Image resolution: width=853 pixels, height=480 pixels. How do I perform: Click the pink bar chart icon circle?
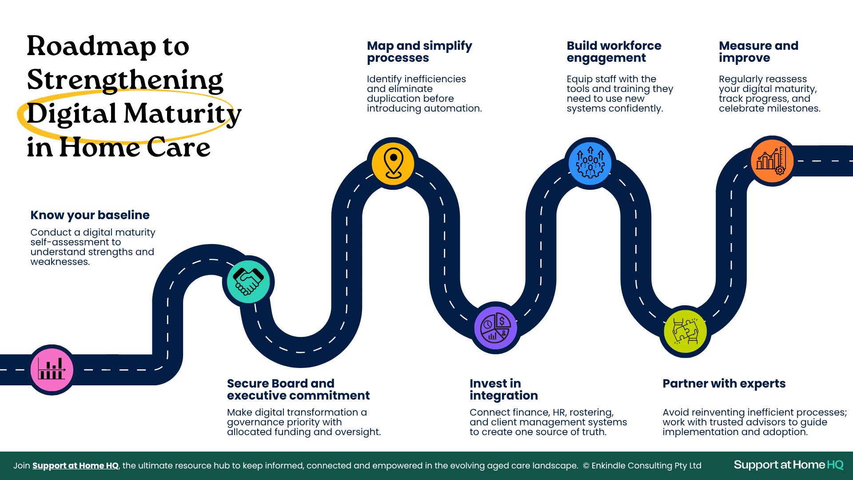pos(52,369)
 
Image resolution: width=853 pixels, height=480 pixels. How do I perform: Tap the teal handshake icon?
pos(248,281)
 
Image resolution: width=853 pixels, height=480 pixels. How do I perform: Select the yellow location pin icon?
pos(393,163)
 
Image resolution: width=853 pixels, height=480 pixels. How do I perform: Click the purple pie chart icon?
pos(495,328)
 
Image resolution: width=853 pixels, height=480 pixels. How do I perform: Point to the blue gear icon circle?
pos(590,163)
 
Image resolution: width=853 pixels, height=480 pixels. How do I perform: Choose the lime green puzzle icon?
pos(685,331)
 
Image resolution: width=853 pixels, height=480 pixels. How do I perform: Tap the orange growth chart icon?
pos(772,161)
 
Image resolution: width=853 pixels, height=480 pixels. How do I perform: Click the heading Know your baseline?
pos(90,215)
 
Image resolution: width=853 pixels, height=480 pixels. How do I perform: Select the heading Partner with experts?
pos(724,384)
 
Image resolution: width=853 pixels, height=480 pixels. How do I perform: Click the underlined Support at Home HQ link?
pos(76,465)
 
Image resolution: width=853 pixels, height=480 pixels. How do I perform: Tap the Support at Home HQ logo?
pos(788,465)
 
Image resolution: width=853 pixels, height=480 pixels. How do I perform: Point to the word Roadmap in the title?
pos(92,46)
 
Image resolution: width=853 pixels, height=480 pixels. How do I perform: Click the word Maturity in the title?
pos(182,114)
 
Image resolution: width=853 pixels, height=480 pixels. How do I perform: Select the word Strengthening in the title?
pos(125,80)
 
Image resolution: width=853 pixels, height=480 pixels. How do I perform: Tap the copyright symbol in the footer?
pos(586,466)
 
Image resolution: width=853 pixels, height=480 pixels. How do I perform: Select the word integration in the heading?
pos(503,396)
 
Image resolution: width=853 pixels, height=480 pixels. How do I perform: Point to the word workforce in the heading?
pos(630,46)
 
